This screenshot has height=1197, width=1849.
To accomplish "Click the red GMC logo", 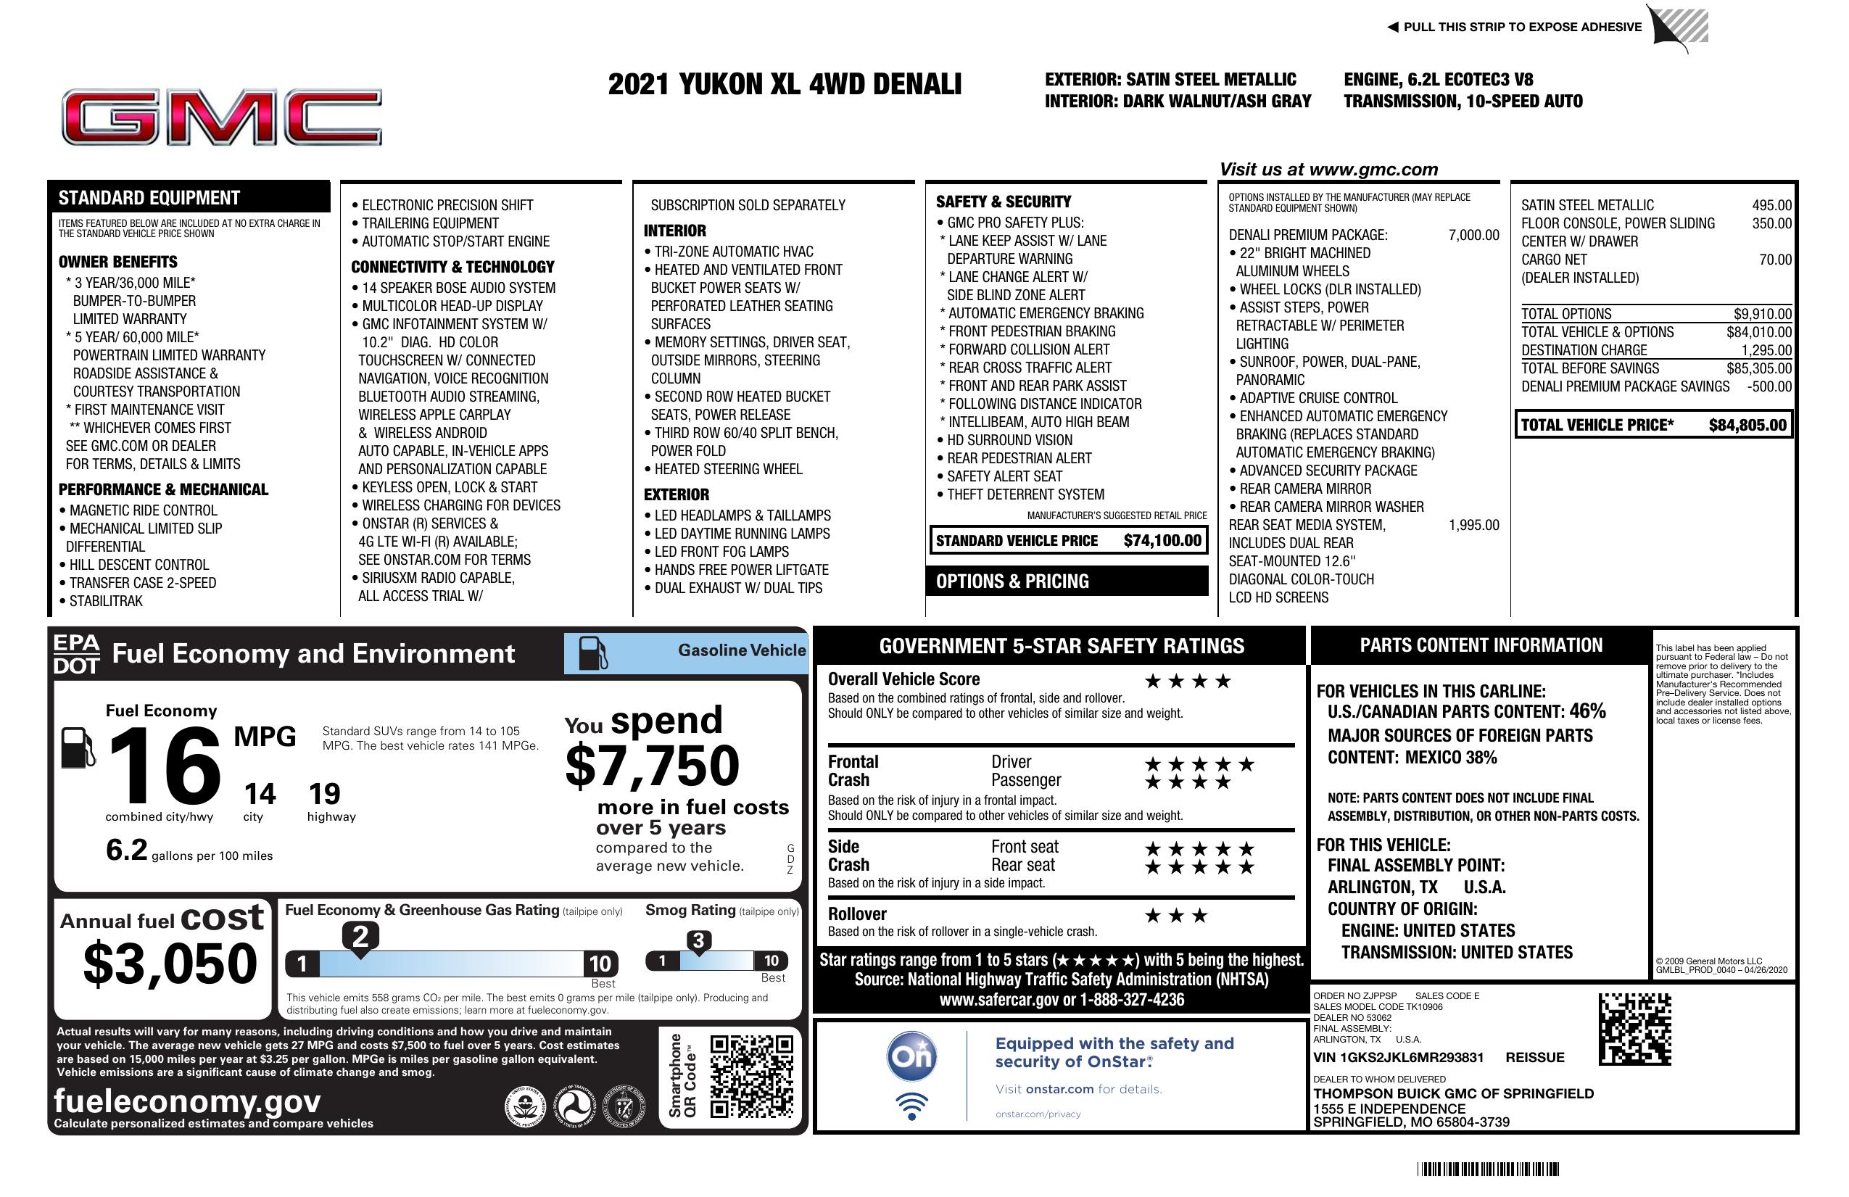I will pos(221,117).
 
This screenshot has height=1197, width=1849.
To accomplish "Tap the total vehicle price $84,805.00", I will pos(1747,425).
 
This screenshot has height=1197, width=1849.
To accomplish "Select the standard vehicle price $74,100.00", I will pos(1162,541).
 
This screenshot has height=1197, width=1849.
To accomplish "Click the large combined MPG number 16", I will pos(165,766).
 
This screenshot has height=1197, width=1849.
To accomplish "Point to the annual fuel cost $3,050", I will pos(170,964).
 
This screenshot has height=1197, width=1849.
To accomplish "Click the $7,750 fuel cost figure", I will pos(652,766).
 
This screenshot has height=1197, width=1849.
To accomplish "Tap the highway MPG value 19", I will pos(324,794).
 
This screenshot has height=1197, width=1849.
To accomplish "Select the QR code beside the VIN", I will pos(1634,1029).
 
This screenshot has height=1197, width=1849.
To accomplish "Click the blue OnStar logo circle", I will pos(911,1056).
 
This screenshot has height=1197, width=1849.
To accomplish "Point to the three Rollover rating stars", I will pos(1176,916).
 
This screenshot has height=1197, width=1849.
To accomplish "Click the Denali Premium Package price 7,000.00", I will pos(1473,236).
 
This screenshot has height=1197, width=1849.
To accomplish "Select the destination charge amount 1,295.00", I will pos(1766,350).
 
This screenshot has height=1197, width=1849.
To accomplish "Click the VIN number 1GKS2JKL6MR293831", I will pos(1398,1057).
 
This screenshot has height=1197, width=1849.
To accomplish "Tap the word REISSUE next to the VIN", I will pos(1534,1057).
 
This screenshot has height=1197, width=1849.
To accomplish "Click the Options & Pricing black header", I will pos(1066,581).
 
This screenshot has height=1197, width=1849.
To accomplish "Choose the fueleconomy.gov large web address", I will pos(187,1101).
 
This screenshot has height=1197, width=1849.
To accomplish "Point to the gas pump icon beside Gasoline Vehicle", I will pos(592,653).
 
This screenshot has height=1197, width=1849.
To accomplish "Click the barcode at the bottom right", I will pos(1488,1169).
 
